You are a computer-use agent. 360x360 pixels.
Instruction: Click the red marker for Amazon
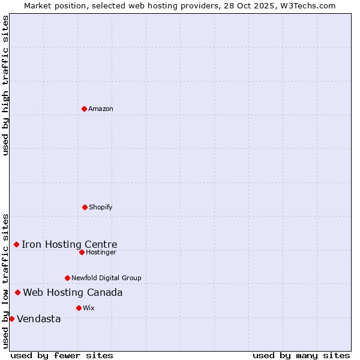(84, 109)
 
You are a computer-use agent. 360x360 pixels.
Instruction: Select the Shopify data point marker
(85, 207)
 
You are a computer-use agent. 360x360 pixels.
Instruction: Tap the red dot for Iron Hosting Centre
(16, 244)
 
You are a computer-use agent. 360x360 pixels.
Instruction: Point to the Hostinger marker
(82, 252)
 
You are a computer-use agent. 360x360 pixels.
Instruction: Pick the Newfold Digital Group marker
(67, 278)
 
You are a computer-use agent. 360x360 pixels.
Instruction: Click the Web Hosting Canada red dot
(17, 292)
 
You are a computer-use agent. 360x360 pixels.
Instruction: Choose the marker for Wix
(79, 308)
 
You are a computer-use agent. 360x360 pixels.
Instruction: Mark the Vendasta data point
(11, 319)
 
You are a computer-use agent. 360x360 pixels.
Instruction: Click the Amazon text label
(101, 109)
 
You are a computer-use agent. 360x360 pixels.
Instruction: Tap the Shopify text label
(101, 207)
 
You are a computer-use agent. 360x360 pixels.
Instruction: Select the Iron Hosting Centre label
(70, 244)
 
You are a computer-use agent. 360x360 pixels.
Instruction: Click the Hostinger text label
(101, 252)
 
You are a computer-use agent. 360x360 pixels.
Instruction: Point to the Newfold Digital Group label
(106, 278)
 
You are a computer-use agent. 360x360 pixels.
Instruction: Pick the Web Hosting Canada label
(73, 292)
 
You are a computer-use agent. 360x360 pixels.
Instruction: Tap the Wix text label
(89, 308)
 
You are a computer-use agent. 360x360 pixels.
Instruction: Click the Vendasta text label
(39, 319)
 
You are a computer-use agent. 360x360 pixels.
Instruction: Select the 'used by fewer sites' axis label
(62, 355)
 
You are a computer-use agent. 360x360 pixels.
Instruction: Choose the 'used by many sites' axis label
(301, 355)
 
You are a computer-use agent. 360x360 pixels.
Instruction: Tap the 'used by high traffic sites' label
(5, 85)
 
